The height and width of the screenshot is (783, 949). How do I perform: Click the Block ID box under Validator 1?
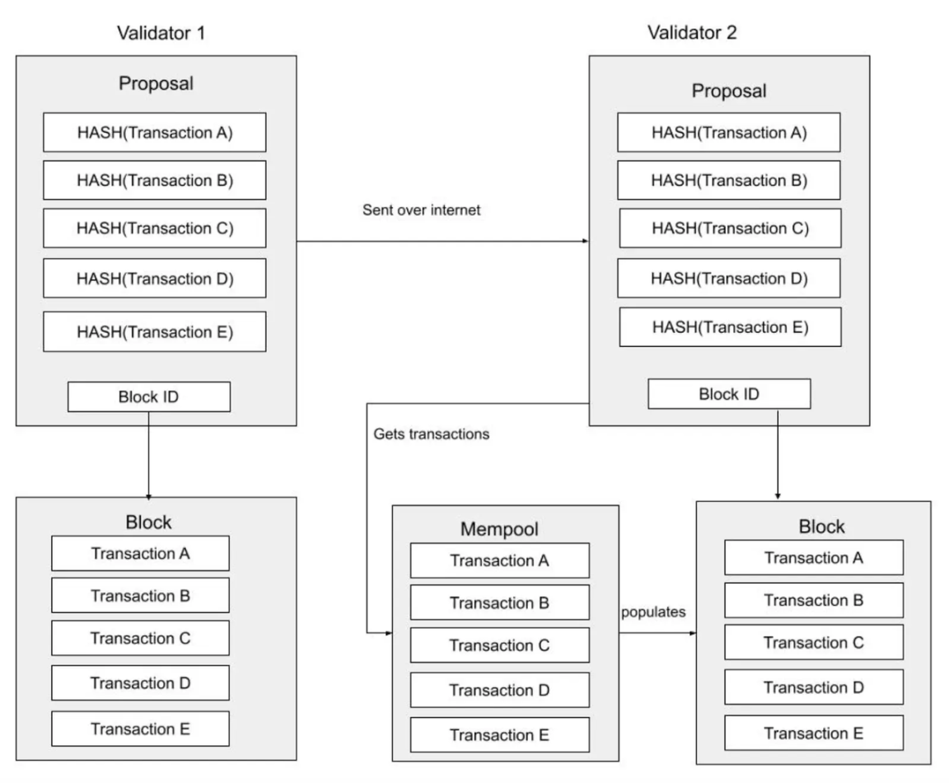point(148,397)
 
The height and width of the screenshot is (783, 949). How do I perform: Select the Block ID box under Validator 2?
point(730,394)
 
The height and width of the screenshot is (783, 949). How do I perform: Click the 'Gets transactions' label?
point(432,434)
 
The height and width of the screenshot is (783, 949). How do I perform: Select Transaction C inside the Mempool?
point(500,645)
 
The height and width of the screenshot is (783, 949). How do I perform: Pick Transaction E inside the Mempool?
point(500,734)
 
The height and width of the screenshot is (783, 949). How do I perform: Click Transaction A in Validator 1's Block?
point(140,553)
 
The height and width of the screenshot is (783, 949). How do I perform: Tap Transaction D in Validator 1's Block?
point(140,683)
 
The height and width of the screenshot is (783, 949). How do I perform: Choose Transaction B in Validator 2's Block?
point(814,600)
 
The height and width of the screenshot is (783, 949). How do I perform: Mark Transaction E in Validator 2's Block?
point(814,730)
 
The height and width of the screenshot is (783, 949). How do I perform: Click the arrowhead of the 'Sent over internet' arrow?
point(585,241)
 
